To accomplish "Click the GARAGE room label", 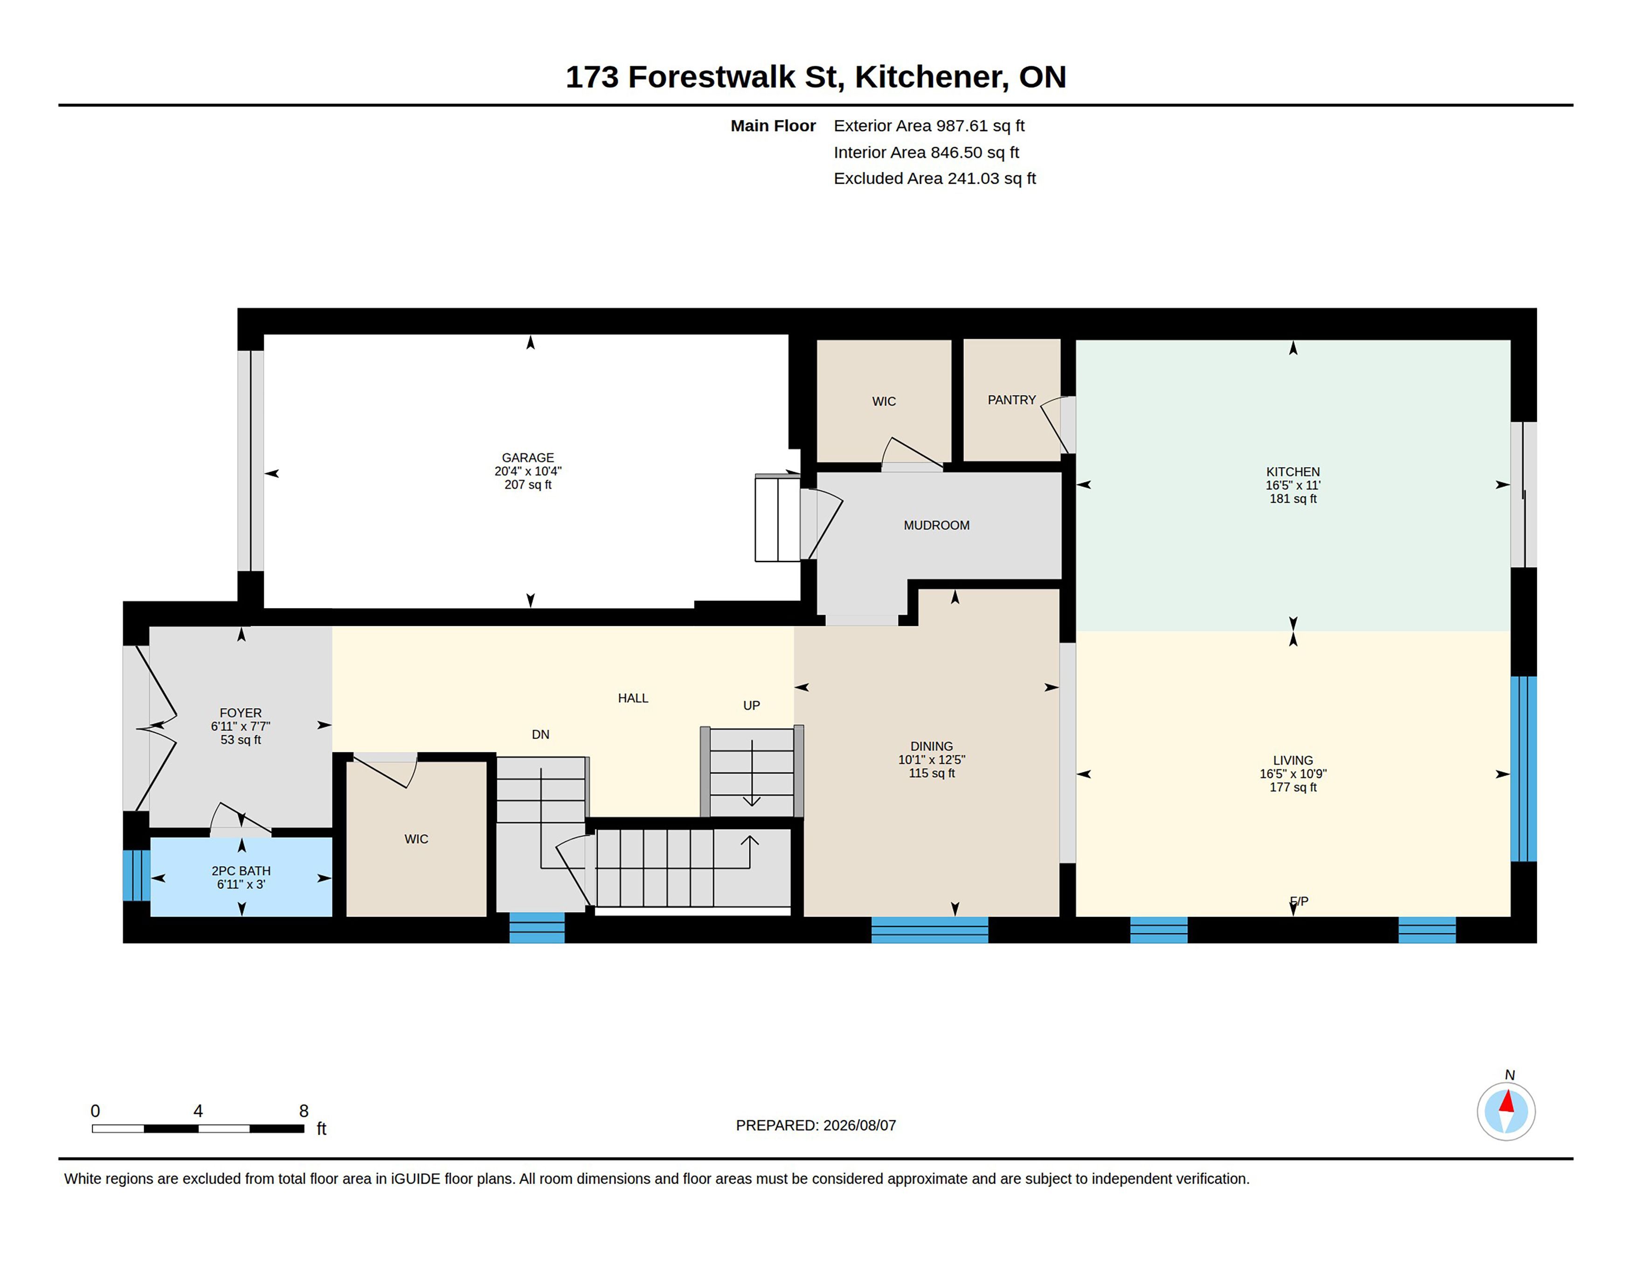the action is (527, 457).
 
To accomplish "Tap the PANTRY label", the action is (1012, 400).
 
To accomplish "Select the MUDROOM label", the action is (936, 525).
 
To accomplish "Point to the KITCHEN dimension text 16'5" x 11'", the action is (1293, 485).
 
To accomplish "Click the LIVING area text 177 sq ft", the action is (1293, 786).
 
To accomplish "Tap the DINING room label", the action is (931, 745).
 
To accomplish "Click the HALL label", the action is (633, 698).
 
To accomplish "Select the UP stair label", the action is (751, 705).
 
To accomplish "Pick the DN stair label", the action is (540, 734).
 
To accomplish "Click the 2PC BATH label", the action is (241, 870).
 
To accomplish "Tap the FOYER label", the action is (241, 713).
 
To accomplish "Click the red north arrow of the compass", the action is (1507, 1101).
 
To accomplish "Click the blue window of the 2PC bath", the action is (136, 875).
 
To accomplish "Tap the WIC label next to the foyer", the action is (416, 839).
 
